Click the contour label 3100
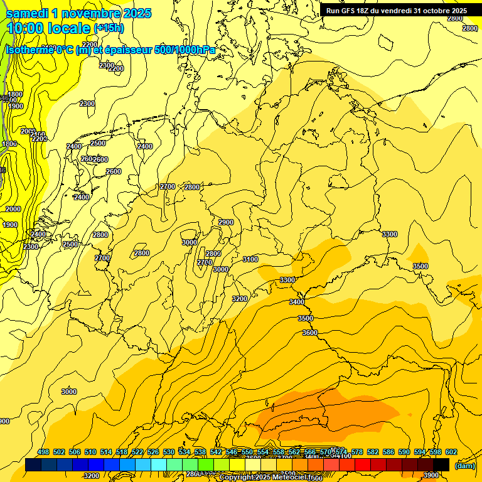tap(250, 259)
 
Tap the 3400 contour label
tap(297, 303)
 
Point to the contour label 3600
tap(310, 333)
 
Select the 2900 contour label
tap(226, 222)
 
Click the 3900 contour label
tap(431, 475)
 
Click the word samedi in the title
tap(27, 13)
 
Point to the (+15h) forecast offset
tap(109, 28)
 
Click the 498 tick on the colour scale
tap(43, 452)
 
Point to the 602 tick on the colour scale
tap(451, 452)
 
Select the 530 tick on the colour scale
tap(169, 452)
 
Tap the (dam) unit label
tap(465, 465)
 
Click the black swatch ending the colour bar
tap(441, 464)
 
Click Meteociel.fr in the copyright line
tap(297, 478)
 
